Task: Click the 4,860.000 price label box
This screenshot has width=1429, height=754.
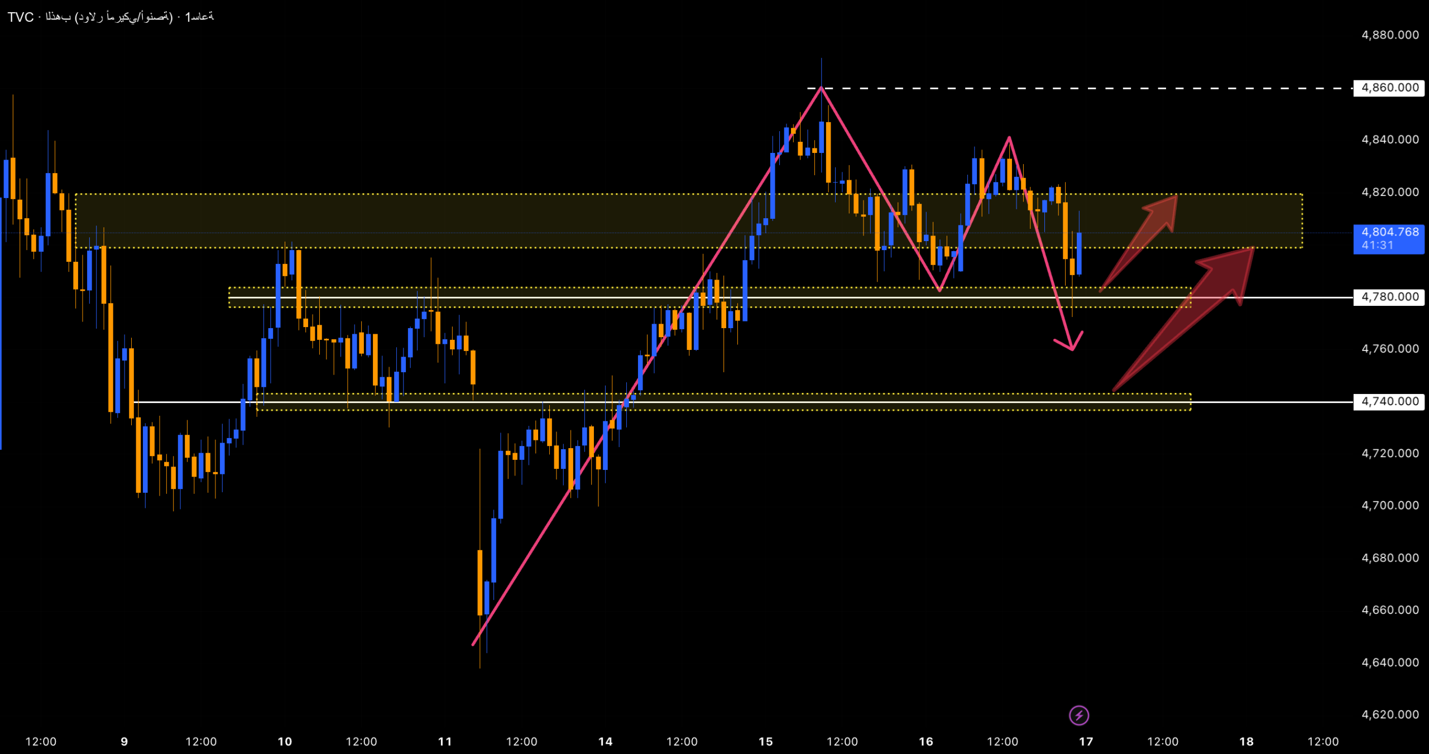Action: tap(1389, 88)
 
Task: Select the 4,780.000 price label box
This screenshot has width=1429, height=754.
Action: tap(1389, 297)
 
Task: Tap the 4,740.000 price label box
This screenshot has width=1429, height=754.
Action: tap(1389, 401)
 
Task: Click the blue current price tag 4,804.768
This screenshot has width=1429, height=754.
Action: tap(1389, 232)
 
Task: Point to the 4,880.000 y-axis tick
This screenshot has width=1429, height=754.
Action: tap(1389, 35)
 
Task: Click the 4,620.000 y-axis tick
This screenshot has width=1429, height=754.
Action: tap(1389, 714)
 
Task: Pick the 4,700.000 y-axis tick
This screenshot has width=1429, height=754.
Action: tap(1389, 506)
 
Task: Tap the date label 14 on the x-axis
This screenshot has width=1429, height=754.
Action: tap(605, 742)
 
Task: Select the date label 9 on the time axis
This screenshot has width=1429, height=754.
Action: tap(124, 742)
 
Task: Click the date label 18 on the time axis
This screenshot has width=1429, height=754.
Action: tap(1246, 742)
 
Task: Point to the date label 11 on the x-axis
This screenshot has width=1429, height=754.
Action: tap(445, 742)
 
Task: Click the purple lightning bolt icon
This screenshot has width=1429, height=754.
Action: tap(1078, 715)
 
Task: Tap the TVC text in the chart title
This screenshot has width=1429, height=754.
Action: tap(21, 17)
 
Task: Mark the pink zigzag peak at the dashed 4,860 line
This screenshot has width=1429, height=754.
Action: tap(821, 88)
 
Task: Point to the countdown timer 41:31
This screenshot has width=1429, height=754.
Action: tap(1378, 246)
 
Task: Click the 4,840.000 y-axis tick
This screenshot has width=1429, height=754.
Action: tap(1389, 140)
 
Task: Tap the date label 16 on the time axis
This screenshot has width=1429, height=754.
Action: tap(926, 742)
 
